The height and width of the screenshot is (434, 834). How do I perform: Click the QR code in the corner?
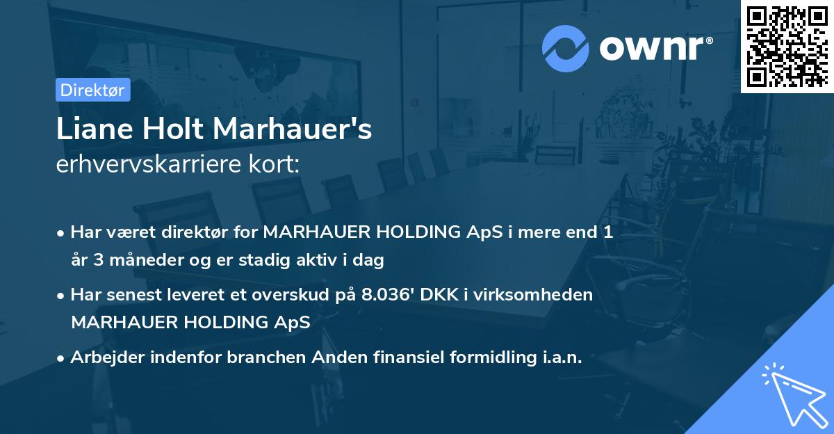pyautogui.click(x=787, y=46)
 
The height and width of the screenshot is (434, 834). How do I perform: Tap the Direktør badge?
pyautogui.click(x=92, y=90)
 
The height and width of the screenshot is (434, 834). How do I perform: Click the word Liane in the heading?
pyautogui.click(x=94, y=130)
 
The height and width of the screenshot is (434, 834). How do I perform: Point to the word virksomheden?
pyautogui.click(x=534, y=294)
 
